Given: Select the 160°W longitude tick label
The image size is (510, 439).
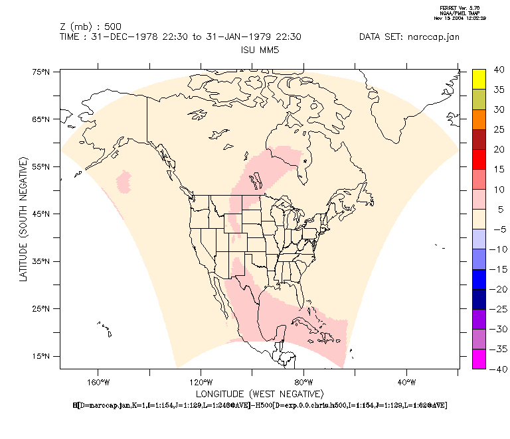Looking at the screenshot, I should (x=98, y=382).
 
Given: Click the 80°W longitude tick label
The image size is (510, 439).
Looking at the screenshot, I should (x=303, y=382).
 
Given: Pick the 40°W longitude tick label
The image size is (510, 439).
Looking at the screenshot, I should (x=406, y=382).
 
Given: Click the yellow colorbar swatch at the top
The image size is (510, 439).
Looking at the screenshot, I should (x=479, y=78).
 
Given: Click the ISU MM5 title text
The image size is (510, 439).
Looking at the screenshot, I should (x=259, y=50).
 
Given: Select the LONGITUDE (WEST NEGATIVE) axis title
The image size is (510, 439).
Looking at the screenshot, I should (x=259, y=394).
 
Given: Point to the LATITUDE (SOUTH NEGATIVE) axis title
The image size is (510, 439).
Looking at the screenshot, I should (x=23, y=219).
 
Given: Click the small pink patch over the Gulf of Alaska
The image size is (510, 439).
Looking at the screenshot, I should (x=124, y=180).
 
